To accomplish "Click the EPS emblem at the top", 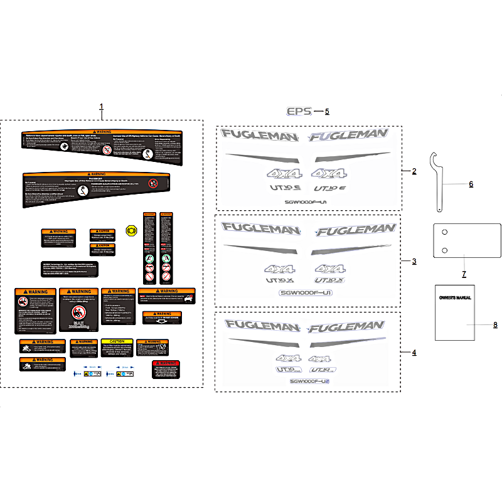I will click(299, 111).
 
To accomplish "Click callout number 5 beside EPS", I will click(327, 112).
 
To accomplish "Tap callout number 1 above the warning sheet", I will click(102, 107).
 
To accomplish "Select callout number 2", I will click(414, 171).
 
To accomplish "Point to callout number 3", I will click(414, 260).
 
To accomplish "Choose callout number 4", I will click(414, 353).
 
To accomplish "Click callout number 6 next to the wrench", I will click(471, 184).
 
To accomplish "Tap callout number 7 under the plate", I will click(464, 274).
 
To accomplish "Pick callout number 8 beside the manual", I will click(494, 324).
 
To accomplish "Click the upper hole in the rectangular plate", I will click(445, 232).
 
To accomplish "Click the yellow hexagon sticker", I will click(132, 230).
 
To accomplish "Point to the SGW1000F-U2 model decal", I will click(309, 382).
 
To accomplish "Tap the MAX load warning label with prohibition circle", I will click(77, 309).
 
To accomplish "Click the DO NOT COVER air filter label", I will click(163, 317).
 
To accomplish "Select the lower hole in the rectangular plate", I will click(445, 251).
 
